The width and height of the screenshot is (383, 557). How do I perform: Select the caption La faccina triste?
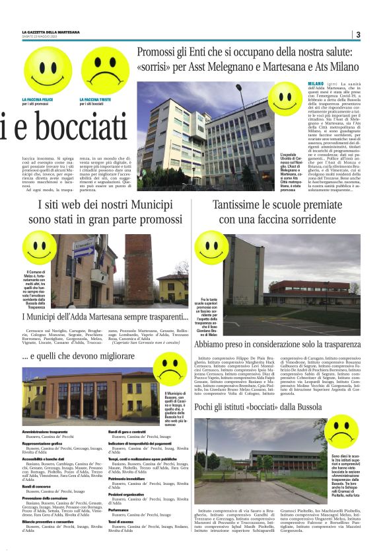point(94,100)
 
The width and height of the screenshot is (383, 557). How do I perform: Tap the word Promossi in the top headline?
point(162,52)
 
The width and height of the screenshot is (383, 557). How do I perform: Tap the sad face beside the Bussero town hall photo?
point(169,370)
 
